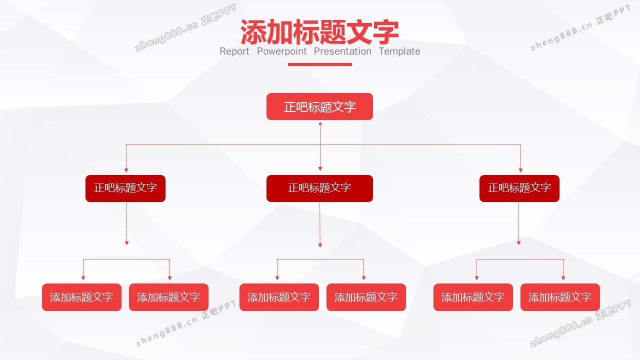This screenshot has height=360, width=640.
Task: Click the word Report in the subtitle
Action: point(234,51)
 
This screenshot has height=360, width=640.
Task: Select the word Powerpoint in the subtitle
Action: point(282,51)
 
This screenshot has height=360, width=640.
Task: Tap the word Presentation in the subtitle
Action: point(342,51)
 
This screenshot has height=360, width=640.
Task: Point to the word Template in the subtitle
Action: point(399,51)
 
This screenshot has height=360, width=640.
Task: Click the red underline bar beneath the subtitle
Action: point(320,64)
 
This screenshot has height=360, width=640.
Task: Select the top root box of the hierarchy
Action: point(319,106)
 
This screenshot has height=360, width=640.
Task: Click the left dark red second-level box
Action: point(125,188)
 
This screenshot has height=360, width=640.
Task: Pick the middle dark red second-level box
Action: point(319,188)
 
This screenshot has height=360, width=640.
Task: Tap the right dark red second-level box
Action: point(519,188)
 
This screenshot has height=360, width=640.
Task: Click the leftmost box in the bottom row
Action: point(81,297)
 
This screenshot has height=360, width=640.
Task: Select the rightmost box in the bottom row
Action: point(560,297)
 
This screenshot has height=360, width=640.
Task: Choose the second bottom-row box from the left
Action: point(168,297)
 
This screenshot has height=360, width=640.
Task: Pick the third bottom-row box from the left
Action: point(279,297)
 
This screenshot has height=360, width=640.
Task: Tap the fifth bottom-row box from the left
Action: point(473,297)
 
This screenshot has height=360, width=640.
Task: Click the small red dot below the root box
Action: point(320,123)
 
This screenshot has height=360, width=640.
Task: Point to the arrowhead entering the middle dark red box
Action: point(320,169)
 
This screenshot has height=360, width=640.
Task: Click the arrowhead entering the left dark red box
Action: point(126,170)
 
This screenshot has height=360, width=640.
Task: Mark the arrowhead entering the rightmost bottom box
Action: point(563,277)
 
